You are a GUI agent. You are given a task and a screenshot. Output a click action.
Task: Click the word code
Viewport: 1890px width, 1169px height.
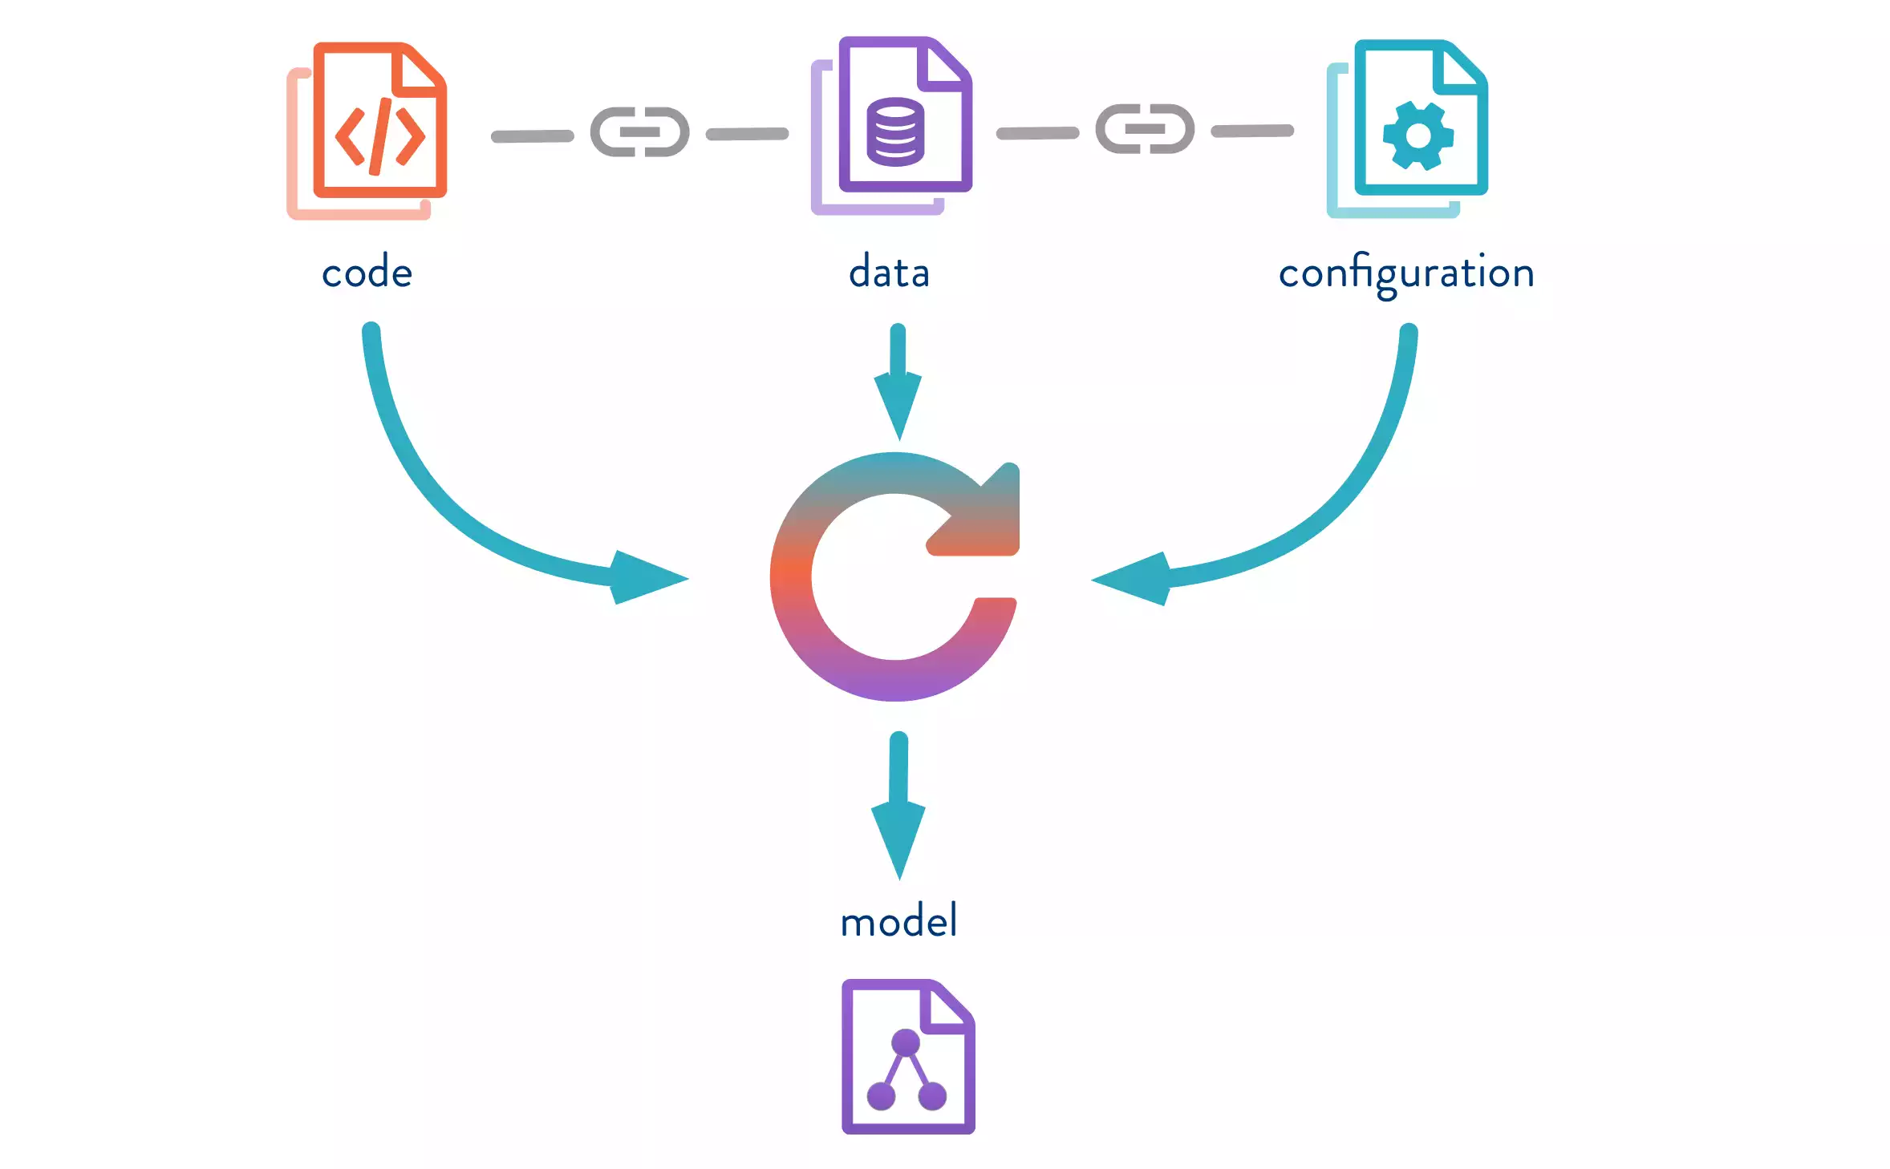pyautogui.click(x=367, y=273)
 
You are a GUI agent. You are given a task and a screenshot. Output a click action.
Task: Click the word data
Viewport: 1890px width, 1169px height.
pyautogui.click(x=889, y=273)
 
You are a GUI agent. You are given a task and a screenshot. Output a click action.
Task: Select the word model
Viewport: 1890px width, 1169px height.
pyautogui.click(x=898, y=920)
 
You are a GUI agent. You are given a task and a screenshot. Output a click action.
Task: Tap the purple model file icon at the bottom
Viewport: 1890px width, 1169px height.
pyautogui.click(x=908, y=1056)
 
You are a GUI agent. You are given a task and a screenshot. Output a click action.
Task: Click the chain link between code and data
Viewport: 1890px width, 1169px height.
pyautogui.click(x=639, y=132)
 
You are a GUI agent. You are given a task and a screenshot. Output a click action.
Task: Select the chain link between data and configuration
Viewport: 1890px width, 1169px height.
pyautogui.click(x=1145, y=129)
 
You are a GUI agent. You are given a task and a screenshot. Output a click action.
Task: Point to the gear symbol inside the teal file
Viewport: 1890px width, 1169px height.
pyautogui.click(x=1417, y=136)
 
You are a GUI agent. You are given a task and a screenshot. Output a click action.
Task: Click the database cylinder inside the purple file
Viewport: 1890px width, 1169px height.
pyautogui.click(x=895, y=132)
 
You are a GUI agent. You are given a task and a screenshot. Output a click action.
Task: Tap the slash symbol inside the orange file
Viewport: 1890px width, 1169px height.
pyautogui.click(x=380, y=136)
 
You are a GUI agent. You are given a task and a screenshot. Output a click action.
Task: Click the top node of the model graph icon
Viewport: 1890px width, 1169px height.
pyautogui.click(x=906, y=1042)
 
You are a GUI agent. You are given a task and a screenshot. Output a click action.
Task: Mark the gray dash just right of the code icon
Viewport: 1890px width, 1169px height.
pyautogui.click(x=532, y=136)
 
